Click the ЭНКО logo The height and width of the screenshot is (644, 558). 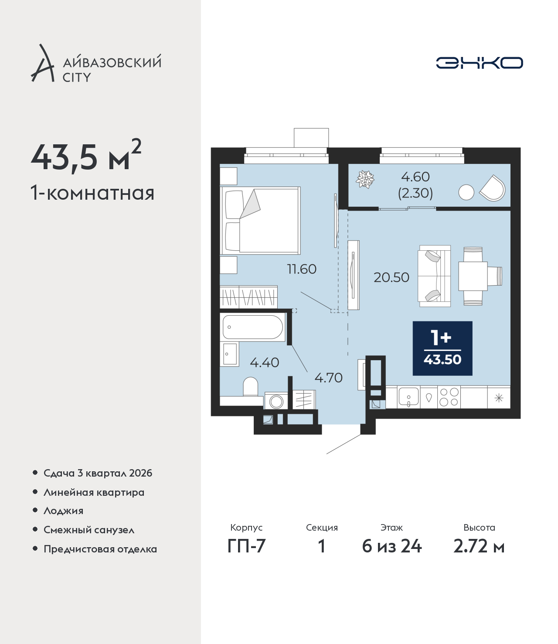click(x=479, y=63)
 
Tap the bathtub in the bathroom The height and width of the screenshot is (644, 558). click(x=252, y=327)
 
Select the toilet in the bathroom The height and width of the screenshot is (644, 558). click(x=250, y=386)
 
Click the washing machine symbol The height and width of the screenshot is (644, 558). click(x=276, y=400)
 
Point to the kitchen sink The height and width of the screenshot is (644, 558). click(x=408, y=397)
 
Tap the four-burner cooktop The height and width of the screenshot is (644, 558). click(x=449, y=397)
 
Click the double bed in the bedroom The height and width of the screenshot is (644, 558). click(x=260, y=221)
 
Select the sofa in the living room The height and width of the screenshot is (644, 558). click(x=434, y=276)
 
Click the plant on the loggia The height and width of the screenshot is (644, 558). click(x=365, y=179)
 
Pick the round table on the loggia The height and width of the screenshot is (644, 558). click(x=466, y=192)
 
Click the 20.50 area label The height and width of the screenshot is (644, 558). click(x=391, y=277)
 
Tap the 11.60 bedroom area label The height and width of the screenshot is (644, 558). click(x=302, y=269)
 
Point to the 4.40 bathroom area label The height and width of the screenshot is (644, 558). click(x=264, y=362)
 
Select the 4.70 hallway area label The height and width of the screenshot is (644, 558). click(x=328, y=378)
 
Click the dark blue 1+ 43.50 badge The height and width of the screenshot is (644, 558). click(x=442, y=348)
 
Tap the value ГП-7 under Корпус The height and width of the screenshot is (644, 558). click(x=246, y=546)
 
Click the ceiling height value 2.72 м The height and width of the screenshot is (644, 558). click(x=479, y=546)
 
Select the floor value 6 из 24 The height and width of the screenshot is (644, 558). click(x=391, y=546)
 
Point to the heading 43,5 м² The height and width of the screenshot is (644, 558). click(x=86, y=157)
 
